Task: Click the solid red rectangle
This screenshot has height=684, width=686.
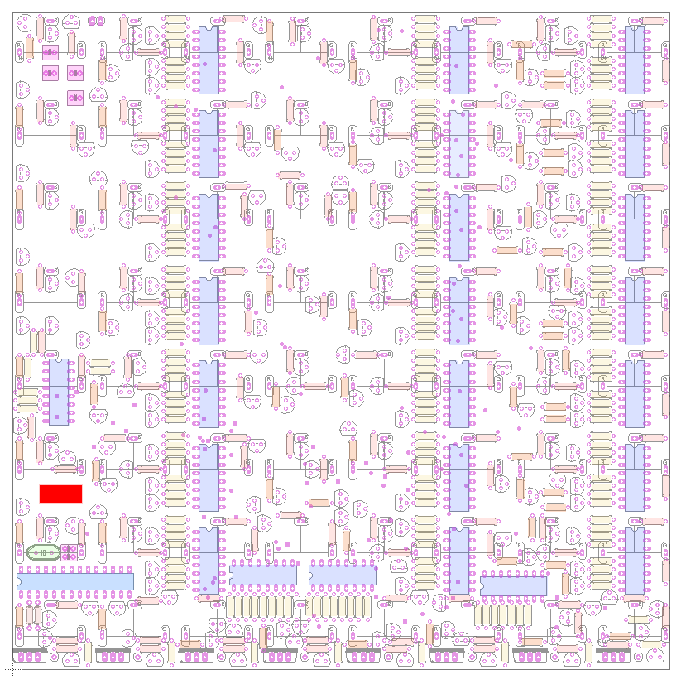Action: (60, 494)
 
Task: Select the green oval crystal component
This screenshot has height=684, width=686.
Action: (43, 552)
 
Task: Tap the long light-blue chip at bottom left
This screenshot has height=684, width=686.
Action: (75, 581)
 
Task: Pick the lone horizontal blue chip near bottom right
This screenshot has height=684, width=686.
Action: (513, 585)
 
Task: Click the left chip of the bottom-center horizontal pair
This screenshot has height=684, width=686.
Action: (263, 575)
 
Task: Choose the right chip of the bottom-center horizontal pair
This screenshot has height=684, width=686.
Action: (343, 575)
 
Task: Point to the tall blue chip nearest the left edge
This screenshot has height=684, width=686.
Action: (59, 393)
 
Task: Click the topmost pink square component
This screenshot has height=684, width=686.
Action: (50, 53)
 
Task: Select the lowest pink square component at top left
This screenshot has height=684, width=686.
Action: (75, 98)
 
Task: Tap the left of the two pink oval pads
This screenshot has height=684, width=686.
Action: (93, 21)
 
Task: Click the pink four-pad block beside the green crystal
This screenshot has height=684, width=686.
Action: (70, 552)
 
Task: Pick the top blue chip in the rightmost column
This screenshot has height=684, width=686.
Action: (635, 60)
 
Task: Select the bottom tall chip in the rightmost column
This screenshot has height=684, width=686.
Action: (635, 561)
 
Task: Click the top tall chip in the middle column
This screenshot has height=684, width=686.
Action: (458, 60)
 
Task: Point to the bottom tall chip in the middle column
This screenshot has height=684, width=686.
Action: (458, 561)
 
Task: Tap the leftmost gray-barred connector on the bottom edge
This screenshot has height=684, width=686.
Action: (30, 654)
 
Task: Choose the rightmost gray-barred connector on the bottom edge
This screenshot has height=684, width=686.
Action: (614, 654)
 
